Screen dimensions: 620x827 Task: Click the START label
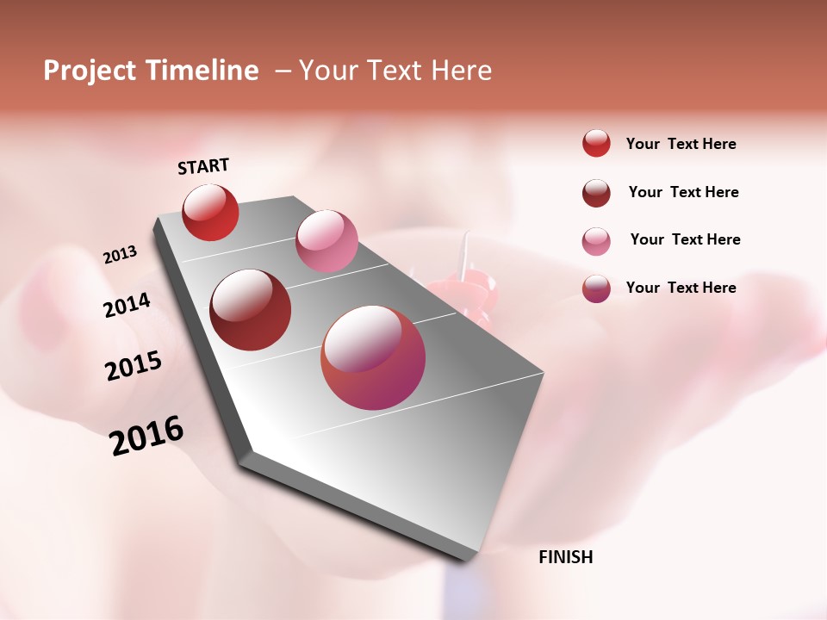203,166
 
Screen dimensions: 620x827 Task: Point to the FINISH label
566,557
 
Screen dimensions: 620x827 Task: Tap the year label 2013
121,255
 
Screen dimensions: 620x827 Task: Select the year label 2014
127,306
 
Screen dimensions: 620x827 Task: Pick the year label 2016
147,435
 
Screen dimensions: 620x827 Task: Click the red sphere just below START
210,212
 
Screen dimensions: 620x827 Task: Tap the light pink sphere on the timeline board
326,241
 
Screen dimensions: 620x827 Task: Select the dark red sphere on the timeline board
251,310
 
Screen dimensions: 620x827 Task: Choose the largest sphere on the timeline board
373,357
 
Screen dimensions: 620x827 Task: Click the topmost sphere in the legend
596,143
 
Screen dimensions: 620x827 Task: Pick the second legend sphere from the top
596,193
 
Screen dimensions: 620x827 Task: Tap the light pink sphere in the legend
596,241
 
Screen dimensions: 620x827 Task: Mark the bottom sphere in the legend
596,288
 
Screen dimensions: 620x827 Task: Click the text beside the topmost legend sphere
681,144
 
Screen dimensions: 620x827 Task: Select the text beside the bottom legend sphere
681,288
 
